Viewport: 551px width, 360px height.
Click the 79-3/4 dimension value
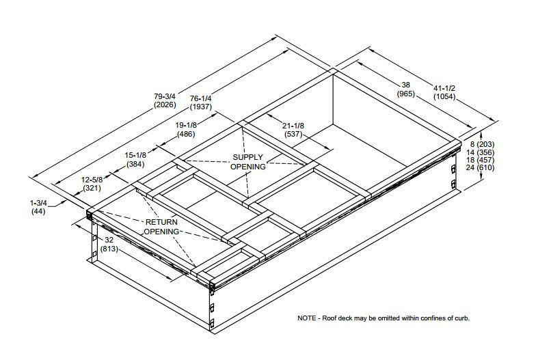point(165,96)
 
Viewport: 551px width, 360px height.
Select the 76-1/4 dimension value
point(200,98)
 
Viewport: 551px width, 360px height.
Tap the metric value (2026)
point(165,105)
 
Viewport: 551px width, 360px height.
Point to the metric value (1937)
point(200,107)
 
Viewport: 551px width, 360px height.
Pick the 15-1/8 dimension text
point(136,156)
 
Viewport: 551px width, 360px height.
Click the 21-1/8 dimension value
point(293,125)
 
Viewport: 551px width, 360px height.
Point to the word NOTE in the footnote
point(307,318)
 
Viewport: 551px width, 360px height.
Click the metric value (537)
point(293,134)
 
